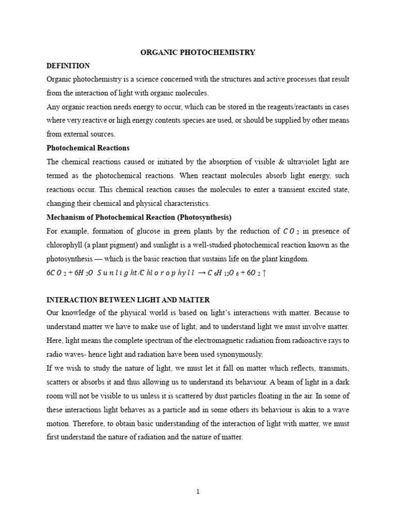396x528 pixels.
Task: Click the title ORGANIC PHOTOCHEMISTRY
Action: pos(198,53)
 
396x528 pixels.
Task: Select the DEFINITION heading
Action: pos(68,66)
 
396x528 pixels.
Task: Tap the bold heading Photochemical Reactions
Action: pos(88,148)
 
